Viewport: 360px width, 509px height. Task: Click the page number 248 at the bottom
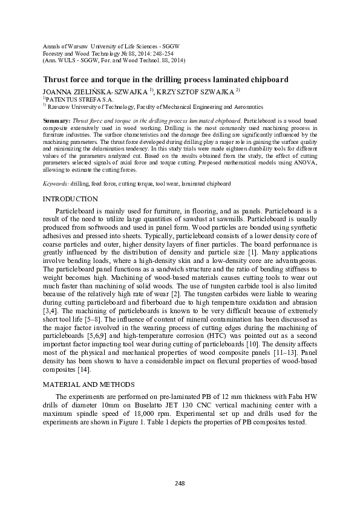(179, 483)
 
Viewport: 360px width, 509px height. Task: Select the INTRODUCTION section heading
(70, 199)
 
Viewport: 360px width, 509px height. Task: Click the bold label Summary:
(56, 122)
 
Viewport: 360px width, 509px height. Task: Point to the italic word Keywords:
(56, 183)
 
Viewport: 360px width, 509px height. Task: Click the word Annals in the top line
(53, 47)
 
